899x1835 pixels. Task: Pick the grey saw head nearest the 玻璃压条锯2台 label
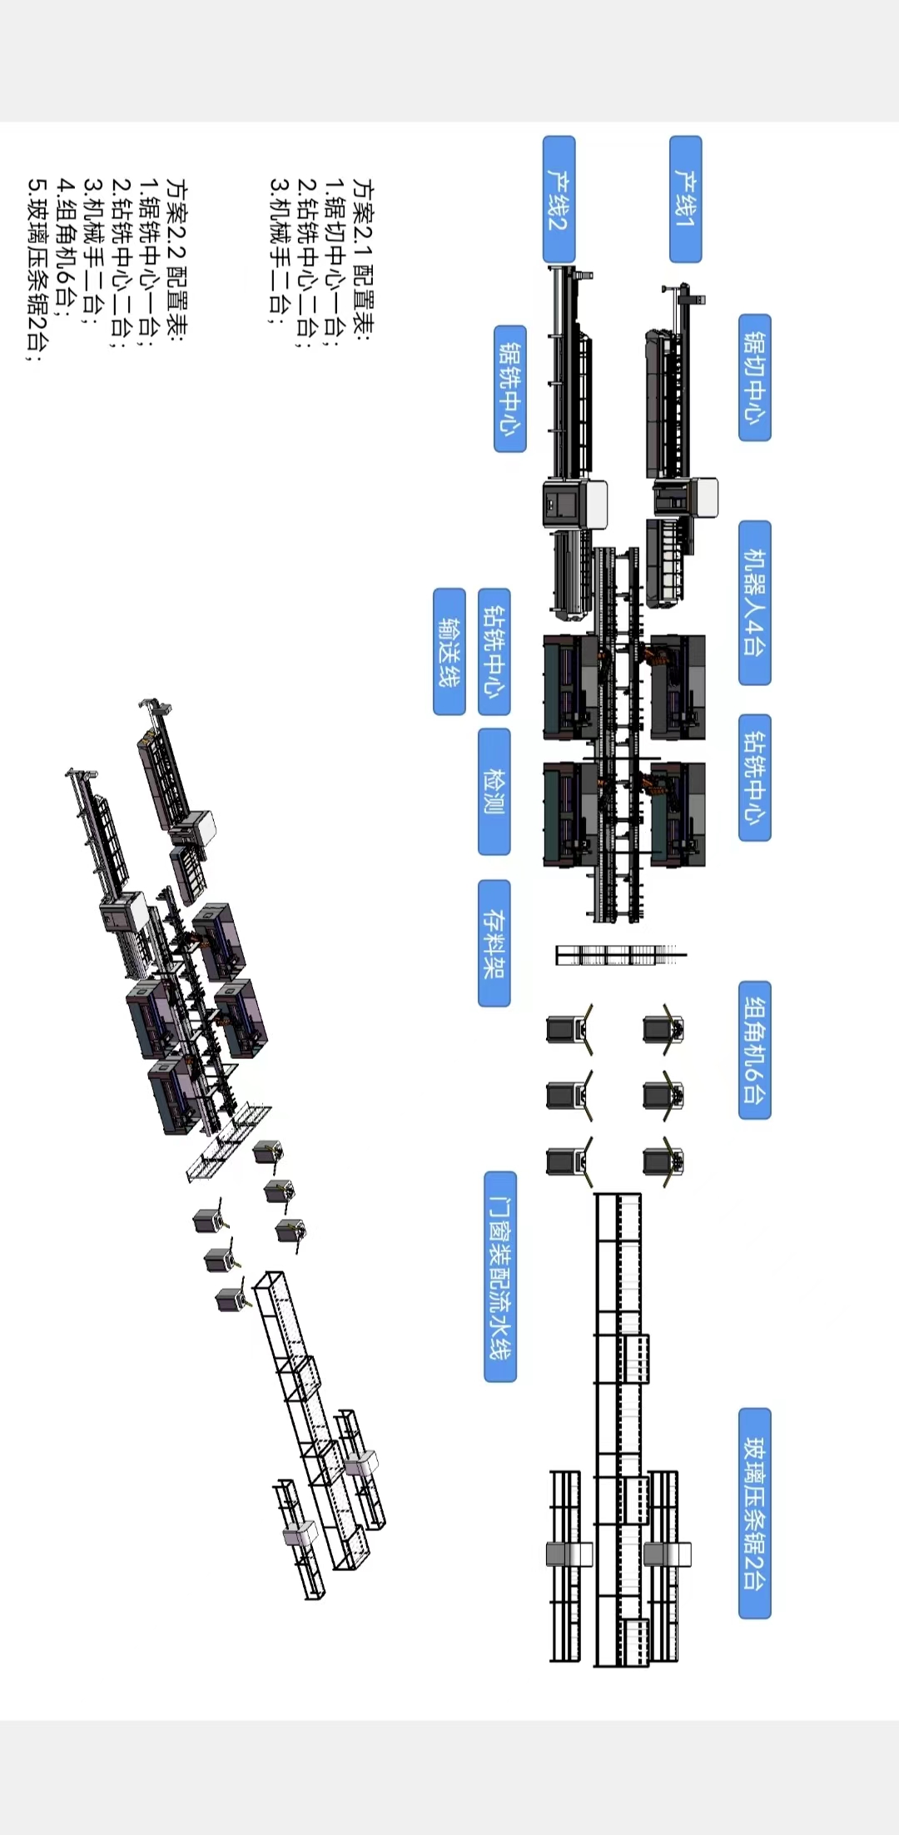coord(667,1554)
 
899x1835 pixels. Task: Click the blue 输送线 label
coord(449,652)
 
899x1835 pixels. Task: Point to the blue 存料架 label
coord(494,943)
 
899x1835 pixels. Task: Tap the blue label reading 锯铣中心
coord(510,389)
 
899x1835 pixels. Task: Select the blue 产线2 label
coord(559,200)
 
